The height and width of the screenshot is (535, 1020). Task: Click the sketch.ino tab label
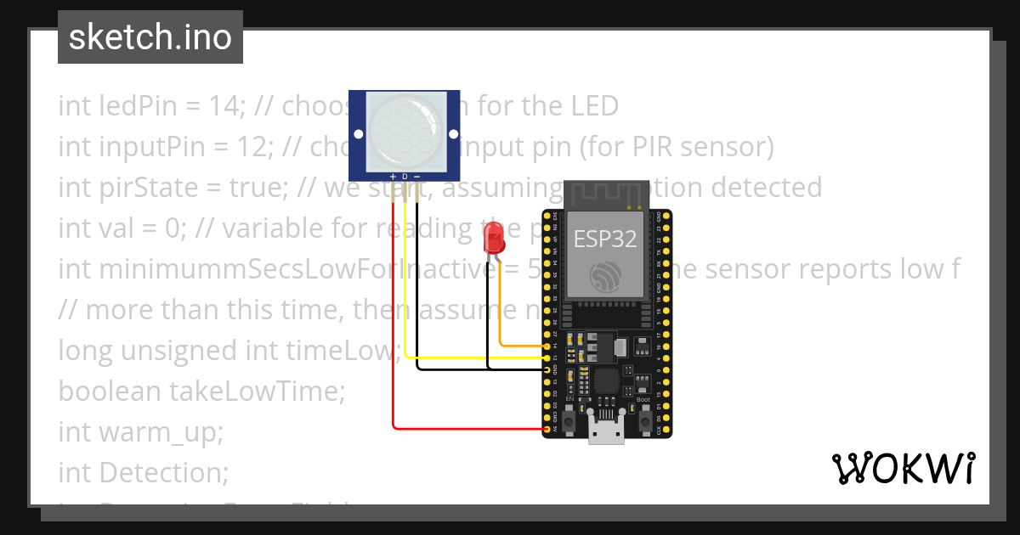150,37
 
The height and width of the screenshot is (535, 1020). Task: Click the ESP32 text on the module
605,239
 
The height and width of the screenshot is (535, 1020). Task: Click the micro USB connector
607,432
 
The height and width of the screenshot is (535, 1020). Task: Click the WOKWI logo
903,468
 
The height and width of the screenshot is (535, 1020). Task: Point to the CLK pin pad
661,430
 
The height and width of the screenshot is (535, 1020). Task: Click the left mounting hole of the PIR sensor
358,134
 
